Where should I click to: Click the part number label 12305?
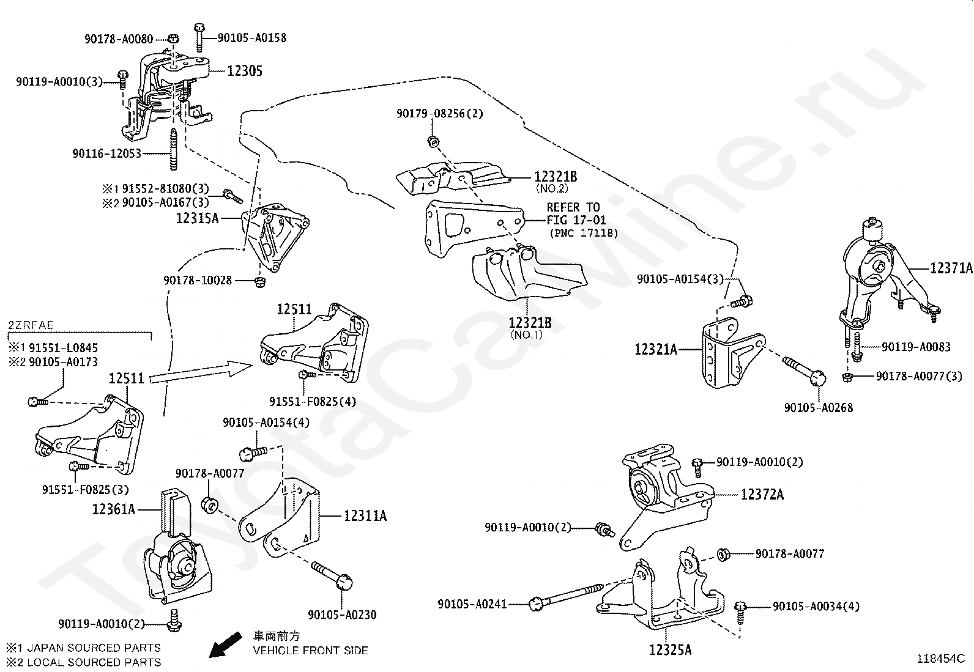[245, 71]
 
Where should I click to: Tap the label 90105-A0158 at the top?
[252, 38]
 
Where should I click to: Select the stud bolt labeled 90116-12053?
[174, 149]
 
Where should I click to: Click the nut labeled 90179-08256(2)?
[433, 141]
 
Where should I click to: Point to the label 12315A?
[197, 218]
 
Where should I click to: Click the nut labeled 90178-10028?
[259, 281]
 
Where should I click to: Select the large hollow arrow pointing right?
[201, 372]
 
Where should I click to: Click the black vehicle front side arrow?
[225, 644]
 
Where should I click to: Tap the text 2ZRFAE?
[31, 325]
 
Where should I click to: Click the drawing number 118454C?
[940, 659]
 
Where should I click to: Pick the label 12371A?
[951, 268]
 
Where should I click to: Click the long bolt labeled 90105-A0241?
[566, 596]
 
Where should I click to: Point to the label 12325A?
[670, 650]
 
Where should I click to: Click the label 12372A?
[762, 494]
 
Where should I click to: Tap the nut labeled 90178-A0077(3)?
[847, 377]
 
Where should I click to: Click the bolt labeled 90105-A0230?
[332, 575]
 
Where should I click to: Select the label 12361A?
[113, 509]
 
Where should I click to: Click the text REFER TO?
[573, 207]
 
